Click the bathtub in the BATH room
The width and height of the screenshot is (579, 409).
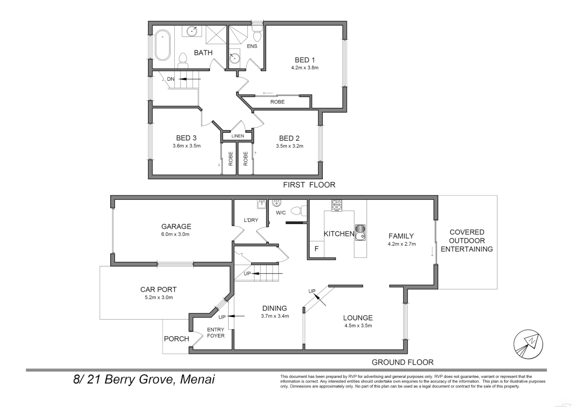(163, 45)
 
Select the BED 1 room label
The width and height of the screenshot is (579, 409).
(305, 60)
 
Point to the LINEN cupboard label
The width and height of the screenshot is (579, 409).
(238, 136)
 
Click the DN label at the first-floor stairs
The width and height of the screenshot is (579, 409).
(171, 79)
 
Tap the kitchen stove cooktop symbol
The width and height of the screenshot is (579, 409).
(336, 205)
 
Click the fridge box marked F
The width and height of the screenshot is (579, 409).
(317, 249)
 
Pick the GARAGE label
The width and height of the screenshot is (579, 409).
(176, 226)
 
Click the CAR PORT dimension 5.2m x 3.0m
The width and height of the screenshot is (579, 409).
(159, 297)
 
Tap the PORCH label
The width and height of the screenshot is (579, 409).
(176, 339)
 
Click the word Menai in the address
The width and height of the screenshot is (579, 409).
(197, 379)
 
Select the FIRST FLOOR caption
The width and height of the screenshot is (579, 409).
(309, 185)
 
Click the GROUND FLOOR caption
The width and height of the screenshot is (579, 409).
(402, 362)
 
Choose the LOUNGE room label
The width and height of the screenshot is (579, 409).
(358, 318)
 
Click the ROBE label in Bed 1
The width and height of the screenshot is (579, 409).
(277, 102)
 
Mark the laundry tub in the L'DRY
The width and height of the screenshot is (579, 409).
(261, 204)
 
